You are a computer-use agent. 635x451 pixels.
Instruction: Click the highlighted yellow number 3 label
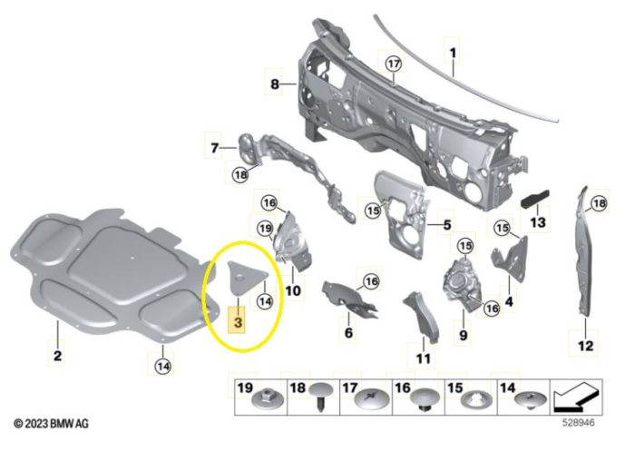click(238, 322)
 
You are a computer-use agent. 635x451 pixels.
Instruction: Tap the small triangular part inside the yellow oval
click(240, 275)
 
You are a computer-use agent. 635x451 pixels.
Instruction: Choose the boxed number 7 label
click(215, 147)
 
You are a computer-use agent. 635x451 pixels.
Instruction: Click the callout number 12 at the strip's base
click(584, 345)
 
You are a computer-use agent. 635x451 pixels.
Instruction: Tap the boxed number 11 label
click(422, 358)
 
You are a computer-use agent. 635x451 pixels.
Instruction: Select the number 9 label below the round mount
click(462, 337)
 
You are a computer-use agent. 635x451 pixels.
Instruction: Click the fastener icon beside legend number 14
click(527, 398)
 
